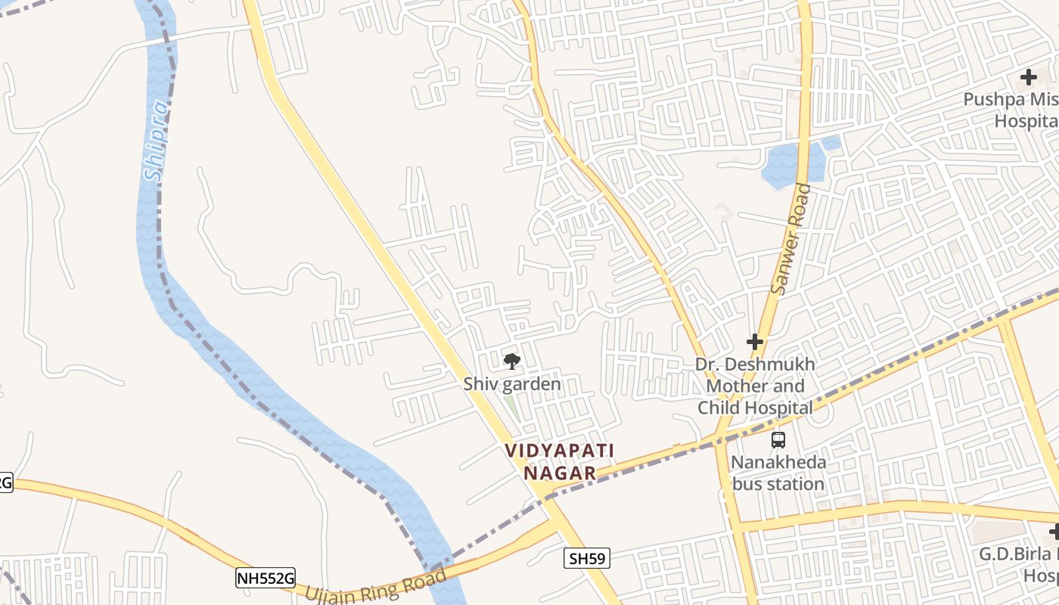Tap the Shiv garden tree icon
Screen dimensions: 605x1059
pos(512,361)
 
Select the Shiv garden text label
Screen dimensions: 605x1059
pos(512,384)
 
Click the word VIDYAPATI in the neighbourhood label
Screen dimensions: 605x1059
pos(559,451)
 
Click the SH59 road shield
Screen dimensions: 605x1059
pos(587,559)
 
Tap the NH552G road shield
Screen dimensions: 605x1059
pos(265,579)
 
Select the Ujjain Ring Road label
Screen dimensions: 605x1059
pos(376,587)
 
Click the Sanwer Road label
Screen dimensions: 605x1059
pos(790,240)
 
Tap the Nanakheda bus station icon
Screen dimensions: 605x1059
pos(778,439)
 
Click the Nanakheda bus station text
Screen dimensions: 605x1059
pos(778,473)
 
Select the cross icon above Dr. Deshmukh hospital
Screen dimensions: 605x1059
pos(754,342)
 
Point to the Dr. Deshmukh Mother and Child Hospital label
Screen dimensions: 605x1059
pos(755,386)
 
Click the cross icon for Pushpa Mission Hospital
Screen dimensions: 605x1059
pos(1028,76)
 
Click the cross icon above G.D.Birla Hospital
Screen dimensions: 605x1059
pos(1054,532)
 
